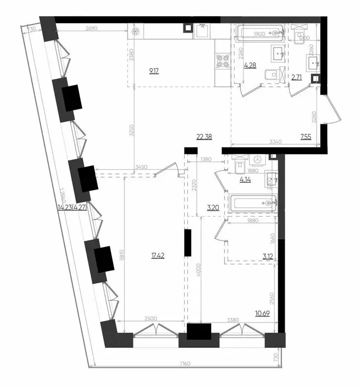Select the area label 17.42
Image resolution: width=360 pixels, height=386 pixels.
157,255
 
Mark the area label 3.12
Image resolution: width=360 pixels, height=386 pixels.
267,256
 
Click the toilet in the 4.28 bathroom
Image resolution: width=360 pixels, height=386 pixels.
272,74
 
